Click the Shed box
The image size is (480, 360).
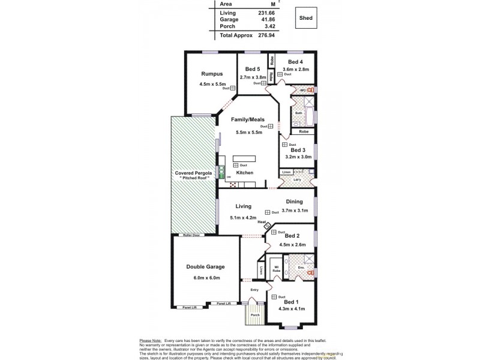[306, 18]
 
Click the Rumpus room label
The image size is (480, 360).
[212, 74]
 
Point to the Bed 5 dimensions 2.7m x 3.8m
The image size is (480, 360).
[253, 77]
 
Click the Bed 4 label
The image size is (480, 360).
[295, 62]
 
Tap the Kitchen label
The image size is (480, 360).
[244, 172]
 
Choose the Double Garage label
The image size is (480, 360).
[205, 266]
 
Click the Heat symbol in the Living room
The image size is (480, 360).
[268, 226]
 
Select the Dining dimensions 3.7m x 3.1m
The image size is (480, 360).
[294, 211]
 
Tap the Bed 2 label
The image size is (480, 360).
[292, 236]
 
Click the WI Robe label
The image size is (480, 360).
[277, 269]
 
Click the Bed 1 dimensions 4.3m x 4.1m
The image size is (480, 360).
[292, 309]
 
